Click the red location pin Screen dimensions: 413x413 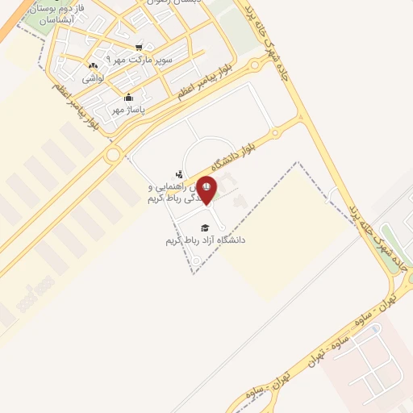tap(206, 189)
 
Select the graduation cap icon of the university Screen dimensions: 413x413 tap(205, 227)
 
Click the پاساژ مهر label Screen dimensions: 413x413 tap(127, 111)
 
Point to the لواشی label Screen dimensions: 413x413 tap(93, 79)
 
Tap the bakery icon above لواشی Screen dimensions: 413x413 tap(93, 67)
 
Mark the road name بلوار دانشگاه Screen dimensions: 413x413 tap(245, 144)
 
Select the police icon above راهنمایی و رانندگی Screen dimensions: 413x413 tap(179, 173)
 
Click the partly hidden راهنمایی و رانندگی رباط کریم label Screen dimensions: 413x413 tap(173, 191)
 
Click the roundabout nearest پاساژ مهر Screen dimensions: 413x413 tap(113, 153)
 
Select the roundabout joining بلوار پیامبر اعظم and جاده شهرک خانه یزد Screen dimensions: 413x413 tap(256, 64)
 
